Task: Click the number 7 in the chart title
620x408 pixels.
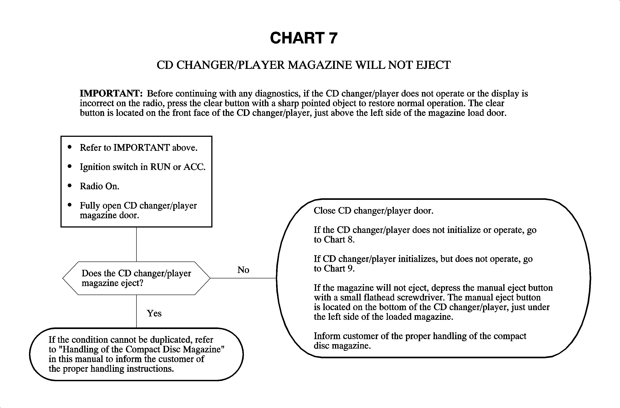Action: tap(333, 38)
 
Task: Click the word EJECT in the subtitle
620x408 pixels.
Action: tap(433, 65)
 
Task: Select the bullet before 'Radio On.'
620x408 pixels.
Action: tap(69, 186)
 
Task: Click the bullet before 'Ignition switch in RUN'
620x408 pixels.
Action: tap(69, 166)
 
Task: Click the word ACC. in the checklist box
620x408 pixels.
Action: tap(194, 167)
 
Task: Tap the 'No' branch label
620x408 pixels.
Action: tap(243, 270)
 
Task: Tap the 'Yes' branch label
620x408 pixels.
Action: tap(154, 313)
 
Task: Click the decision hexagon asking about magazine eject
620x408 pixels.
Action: tap(136, 278)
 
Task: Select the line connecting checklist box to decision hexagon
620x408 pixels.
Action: tap(136, 244)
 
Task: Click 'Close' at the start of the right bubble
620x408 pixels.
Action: tap(324, 211)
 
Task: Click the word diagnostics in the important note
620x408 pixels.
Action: tap(277, 93)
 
